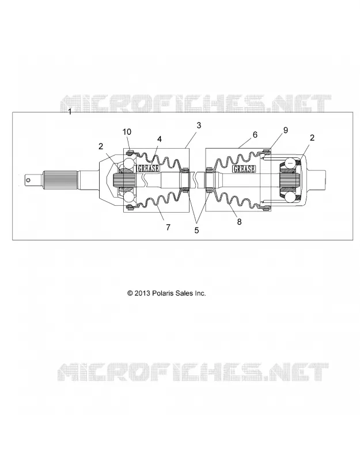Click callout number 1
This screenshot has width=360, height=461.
70,112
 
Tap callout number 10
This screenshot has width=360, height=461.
127,132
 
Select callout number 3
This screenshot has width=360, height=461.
199,125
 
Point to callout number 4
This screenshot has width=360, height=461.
160,139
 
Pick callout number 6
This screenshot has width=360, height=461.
255,134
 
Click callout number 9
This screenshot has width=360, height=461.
285,130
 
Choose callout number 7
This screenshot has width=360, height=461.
168,227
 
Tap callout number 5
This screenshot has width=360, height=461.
196,231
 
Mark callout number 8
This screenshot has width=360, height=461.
239,222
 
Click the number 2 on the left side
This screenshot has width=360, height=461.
101,146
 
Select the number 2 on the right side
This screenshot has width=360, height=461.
312,138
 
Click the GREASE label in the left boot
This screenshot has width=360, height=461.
149,168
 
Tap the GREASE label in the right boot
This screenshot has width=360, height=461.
244,169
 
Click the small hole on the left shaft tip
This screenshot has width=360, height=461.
28,180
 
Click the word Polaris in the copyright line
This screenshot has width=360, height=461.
163,293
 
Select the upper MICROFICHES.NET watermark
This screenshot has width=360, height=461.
196,104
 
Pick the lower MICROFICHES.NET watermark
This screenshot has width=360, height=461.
193,372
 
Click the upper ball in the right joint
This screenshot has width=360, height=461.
291,163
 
